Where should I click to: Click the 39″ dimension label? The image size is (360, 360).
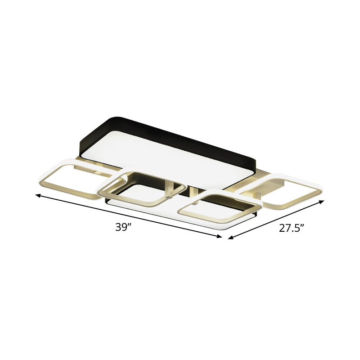pyautogui.click(x=123, y=227)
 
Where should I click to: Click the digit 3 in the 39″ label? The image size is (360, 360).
pyautogui.click(x=118, y=227)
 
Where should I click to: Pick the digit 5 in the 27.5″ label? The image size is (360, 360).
pyautogui.click(x=297, y=228)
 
